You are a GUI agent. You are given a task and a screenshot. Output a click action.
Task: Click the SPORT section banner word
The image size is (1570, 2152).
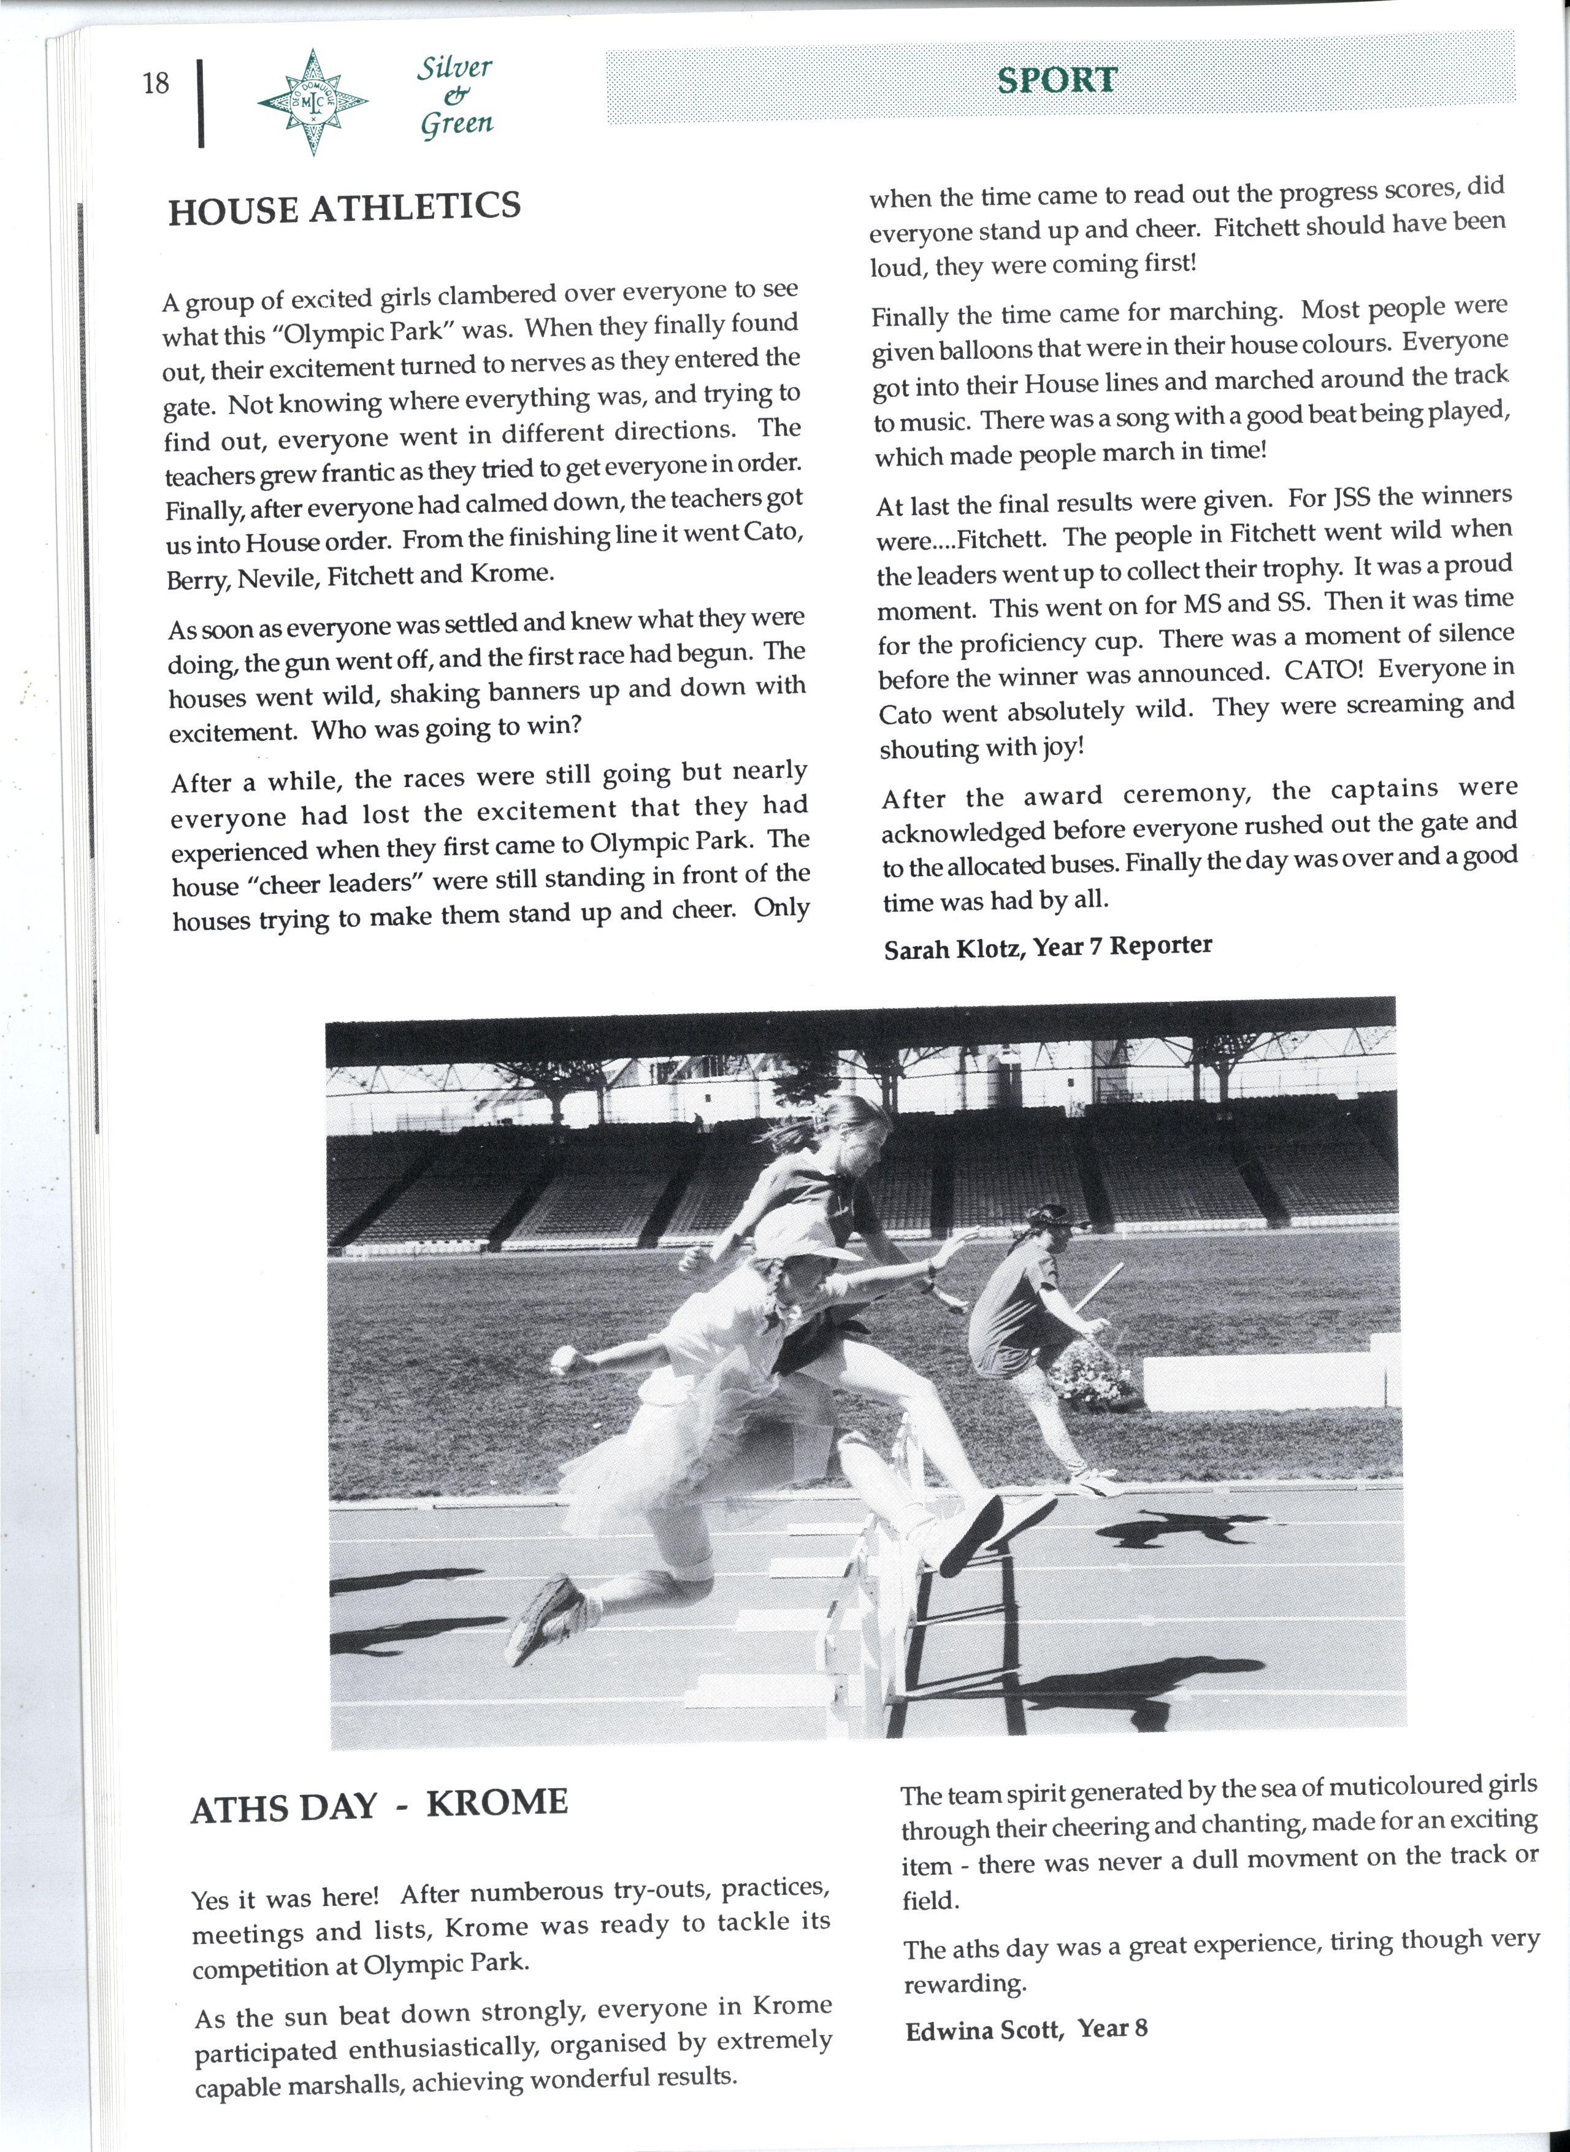click(x=1056, y=80)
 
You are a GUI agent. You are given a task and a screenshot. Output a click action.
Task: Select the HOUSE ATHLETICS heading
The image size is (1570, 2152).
click(x=344, y=207)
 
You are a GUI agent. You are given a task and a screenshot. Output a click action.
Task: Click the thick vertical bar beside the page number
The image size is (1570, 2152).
click(x=202, y=102)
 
